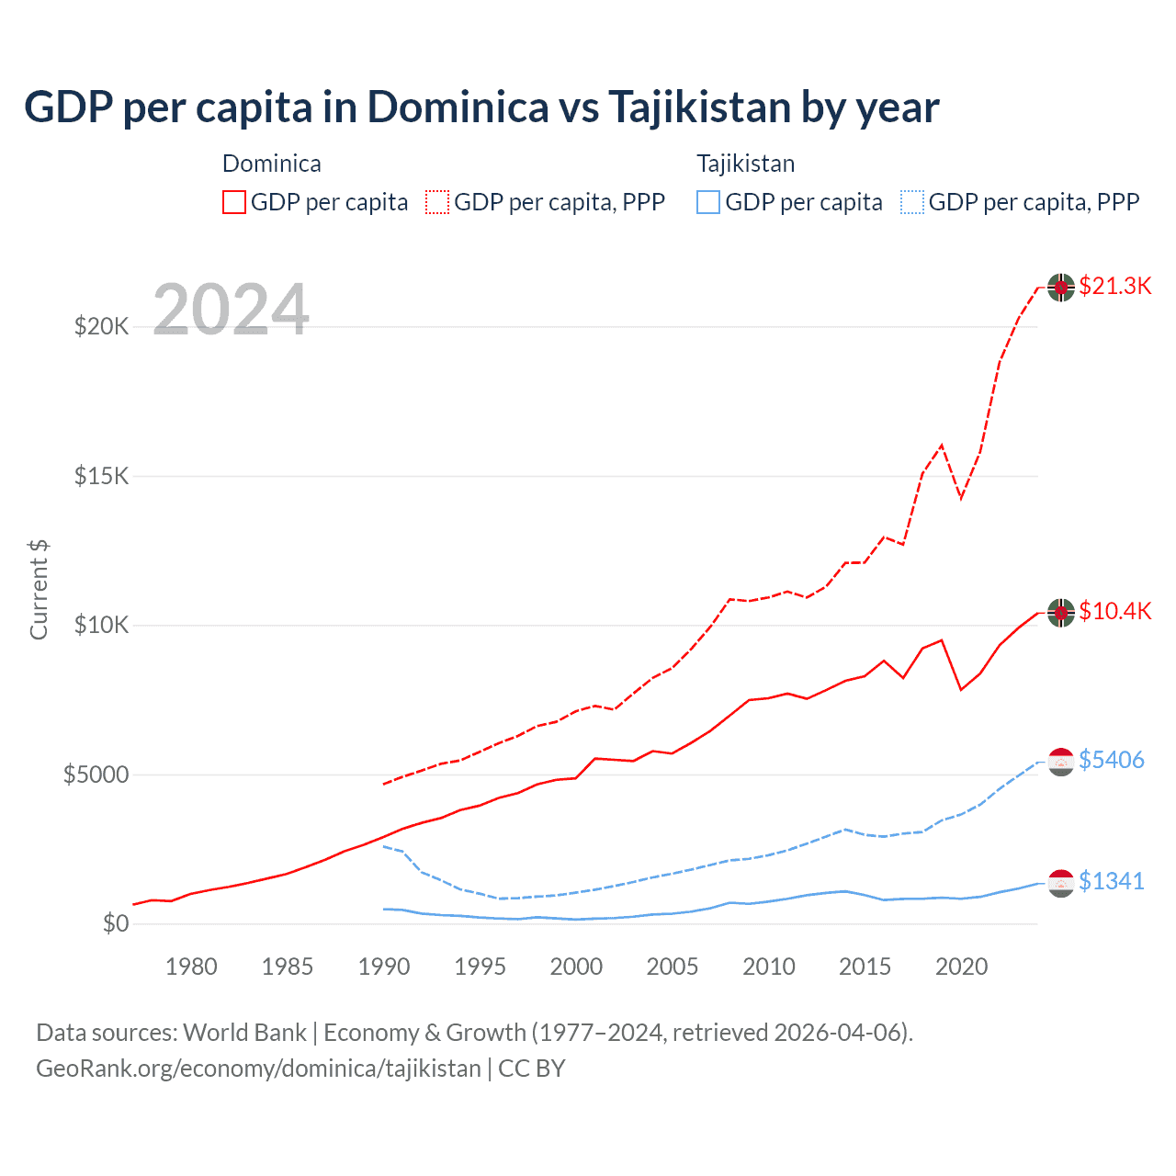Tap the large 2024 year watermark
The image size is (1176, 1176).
[x=231, y=310]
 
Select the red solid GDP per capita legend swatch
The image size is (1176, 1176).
[x=234, y=202]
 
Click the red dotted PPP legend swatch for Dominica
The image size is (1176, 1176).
[x=437, y=202]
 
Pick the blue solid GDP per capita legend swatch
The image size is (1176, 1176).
[x=708, y=202]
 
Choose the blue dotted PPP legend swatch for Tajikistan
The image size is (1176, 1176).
[x=912, y=202]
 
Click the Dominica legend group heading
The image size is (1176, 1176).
[x=272, y=164]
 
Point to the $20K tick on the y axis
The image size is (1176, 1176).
[x=101, y=326]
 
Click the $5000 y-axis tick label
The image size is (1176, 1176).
[x=96, y=775]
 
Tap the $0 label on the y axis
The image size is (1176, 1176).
[x=115, y=923]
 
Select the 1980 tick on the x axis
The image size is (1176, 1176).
[x=191, y=967]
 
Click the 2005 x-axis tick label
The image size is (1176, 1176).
[x=673, y=967]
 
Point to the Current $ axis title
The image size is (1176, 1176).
[x=39, y=590]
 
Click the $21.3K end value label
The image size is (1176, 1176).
[x=1114, y=286]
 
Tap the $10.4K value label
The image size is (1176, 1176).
[x=1114, y=611]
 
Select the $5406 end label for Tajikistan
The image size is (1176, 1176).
[x=1111, y=760]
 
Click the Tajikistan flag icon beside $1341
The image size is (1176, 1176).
[x=1061, y=882]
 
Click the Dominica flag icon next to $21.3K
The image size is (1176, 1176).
[x=1061, y=287]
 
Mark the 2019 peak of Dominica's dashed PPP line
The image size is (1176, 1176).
[x=942, y=445]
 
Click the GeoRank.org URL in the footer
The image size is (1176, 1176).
[x=258, y=1069]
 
